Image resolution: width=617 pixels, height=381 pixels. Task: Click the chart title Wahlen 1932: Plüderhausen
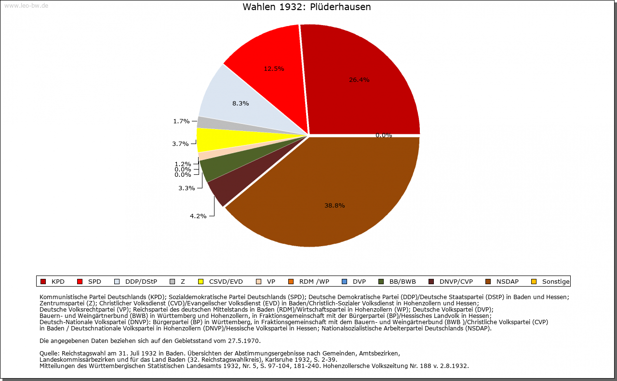point(307,7)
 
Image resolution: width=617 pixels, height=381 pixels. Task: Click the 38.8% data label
point(335,206)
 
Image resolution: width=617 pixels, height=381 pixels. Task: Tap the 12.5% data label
point(274,69)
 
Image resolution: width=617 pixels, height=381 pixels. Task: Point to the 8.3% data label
point(241,104)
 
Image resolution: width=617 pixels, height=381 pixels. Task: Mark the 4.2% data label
point(198,216)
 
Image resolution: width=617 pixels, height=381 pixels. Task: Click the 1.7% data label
point(181,121)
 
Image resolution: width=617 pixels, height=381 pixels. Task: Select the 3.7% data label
point(180,144)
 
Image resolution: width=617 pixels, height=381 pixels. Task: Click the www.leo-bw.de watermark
point(26,6)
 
